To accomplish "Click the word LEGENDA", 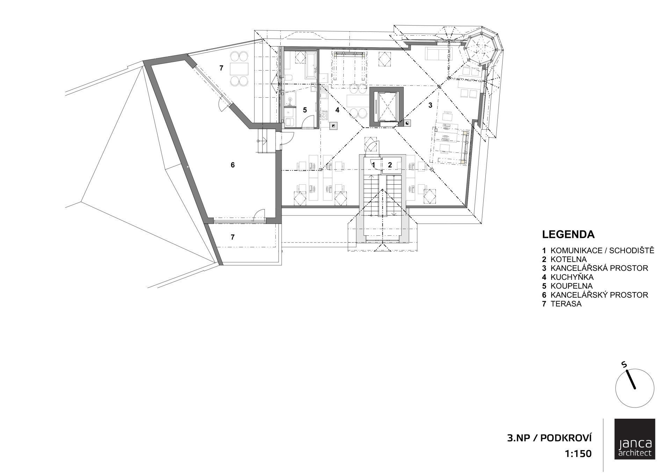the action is [568, 234].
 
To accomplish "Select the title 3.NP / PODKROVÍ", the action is [549, 438].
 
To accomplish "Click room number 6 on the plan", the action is [233, 165].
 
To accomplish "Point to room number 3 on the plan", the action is [430, 105].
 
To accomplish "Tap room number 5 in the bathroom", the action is [305, 110].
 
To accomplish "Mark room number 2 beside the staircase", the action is [390, 164].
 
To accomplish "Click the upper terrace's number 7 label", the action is [221, 68].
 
